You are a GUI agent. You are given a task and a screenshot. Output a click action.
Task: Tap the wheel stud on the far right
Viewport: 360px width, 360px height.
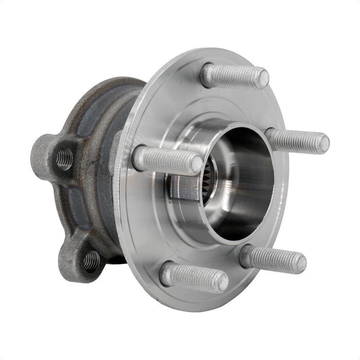click(297, 140)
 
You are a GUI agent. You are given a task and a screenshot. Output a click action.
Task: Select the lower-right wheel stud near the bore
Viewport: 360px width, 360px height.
click(273, 259)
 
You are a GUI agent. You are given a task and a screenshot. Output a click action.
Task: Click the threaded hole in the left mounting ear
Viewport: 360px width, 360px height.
click(64, 159)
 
